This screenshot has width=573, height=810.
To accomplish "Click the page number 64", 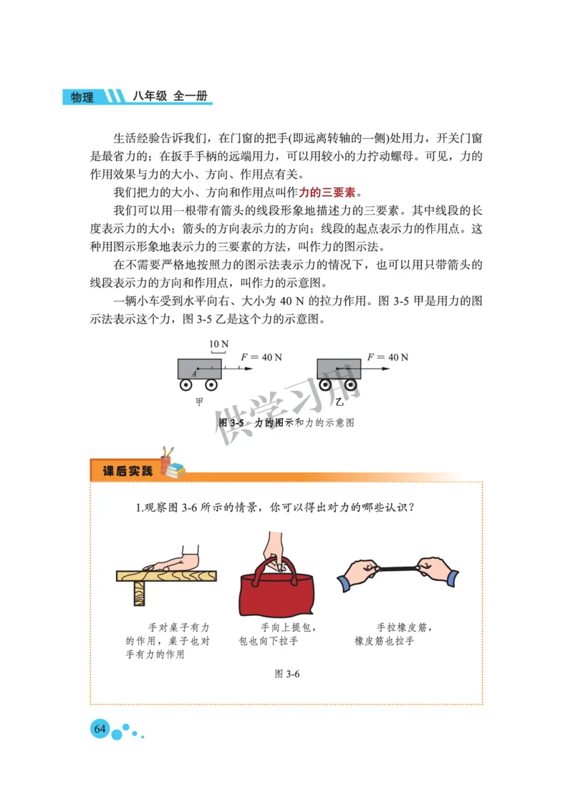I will click(x=100, y=729).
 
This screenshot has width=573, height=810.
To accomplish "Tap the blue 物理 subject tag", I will click(x=82, y=97).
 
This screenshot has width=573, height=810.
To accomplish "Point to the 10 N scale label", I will click(x=218, y=344).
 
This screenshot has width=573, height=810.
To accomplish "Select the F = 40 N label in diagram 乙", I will click(x=387, y=357).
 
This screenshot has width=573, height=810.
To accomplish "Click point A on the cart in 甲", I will click(x=194, y=373).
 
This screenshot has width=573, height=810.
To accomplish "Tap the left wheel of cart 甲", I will click(x=186, y=385).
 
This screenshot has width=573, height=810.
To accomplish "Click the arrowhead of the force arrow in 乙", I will click(x=386, y=369).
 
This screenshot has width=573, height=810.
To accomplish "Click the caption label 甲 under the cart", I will click(x=200, y=403).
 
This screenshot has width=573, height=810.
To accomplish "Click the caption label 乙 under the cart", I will click(x=340, y=403).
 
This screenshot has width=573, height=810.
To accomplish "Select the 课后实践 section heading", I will click(x=127, y=472).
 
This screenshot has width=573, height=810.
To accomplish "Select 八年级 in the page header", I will click(x=149, y=96).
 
